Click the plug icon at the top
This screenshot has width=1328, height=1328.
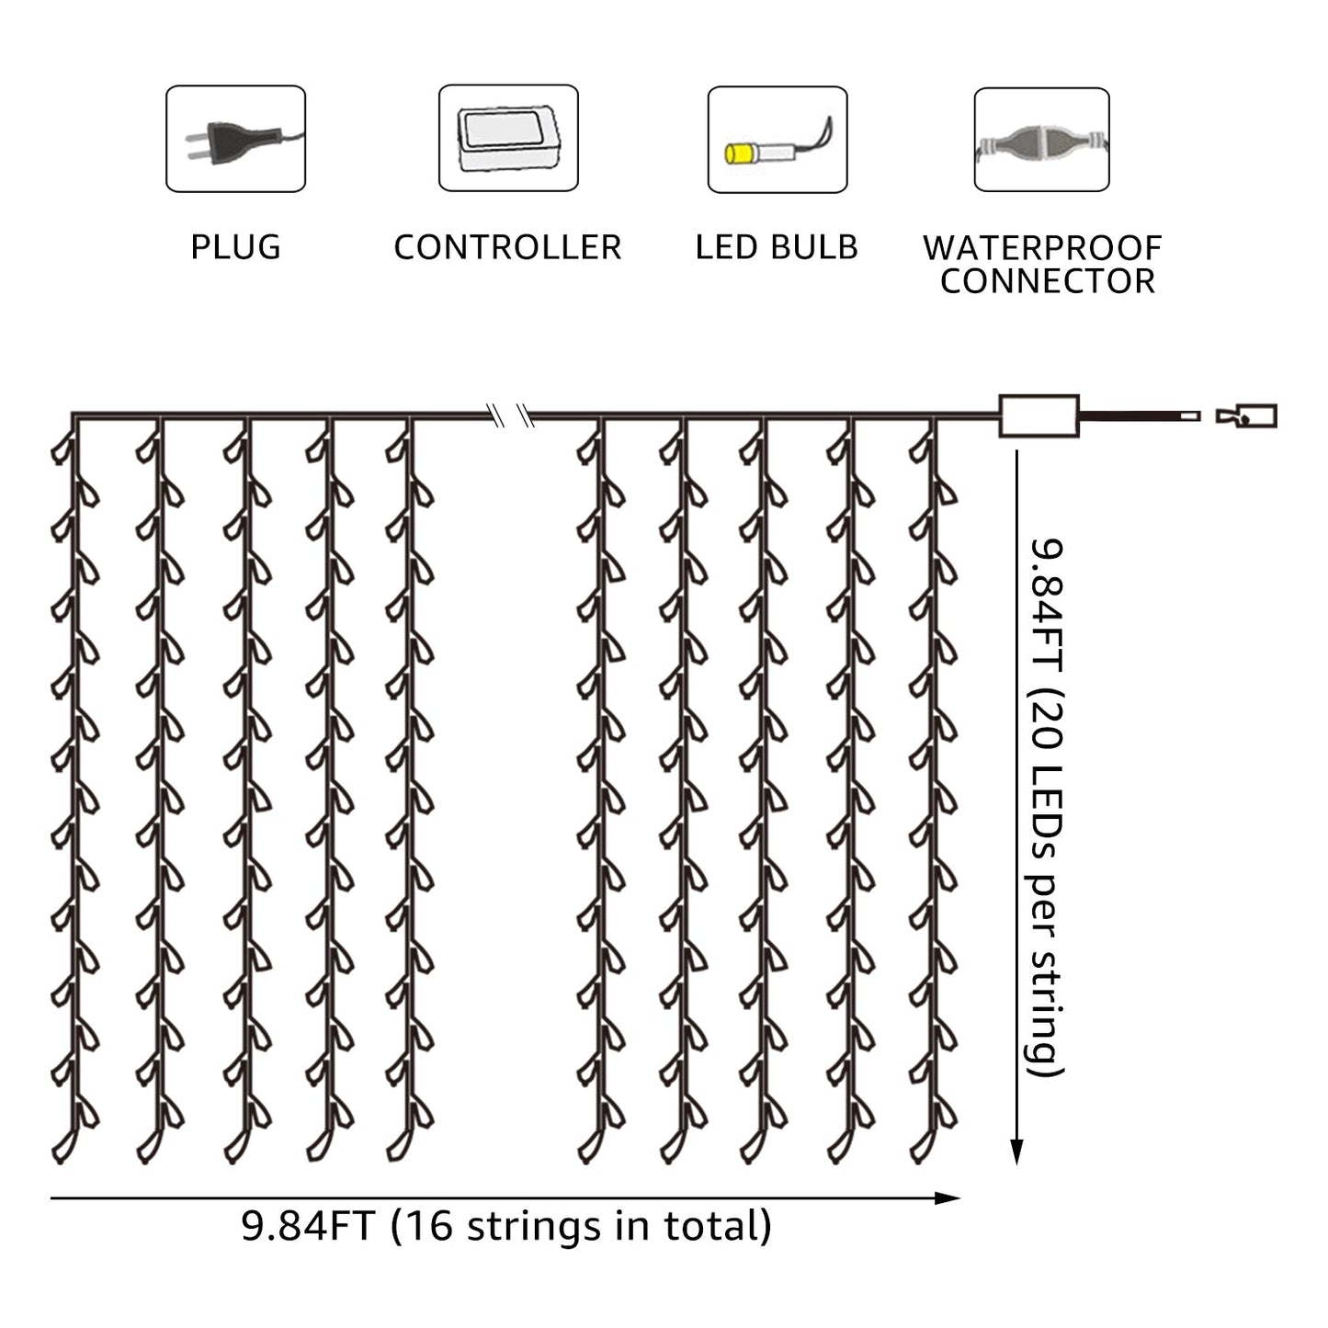(x=235, y=138)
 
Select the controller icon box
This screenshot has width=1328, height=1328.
(x=508, y=138)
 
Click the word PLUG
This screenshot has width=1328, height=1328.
(x=235, y=247)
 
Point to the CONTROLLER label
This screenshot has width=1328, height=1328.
(x=507, y=247)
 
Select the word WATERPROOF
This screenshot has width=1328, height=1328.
(x=1042, y=247)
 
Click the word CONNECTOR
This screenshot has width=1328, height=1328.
(x=1047, y=281)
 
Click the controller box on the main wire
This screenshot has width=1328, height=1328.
(x=1039, y=416)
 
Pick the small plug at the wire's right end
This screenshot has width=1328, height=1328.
(x=1247, y=416)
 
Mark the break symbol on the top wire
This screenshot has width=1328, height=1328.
(x=511, y=416)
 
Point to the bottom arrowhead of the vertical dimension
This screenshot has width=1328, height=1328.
(x=1016, y=1152)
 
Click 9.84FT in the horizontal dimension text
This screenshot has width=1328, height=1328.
(x=307, y=1227)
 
